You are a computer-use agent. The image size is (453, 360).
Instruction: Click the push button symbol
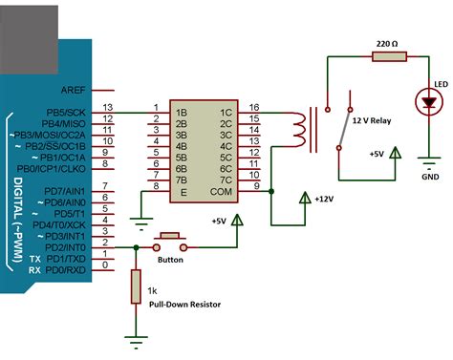coord(171,239)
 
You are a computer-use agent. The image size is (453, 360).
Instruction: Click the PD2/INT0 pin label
coord(68,246)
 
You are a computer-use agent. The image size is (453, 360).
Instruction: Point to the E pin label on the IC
coord(180,189)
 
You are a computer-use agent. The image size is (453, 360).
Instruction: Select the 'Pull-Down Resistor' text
coord(184,304)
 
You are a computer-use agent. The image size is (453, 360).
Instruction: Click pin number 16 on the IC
coord(253,107)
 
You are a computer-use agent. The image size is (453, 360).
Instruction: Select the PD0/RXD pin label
coord(68,269)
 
